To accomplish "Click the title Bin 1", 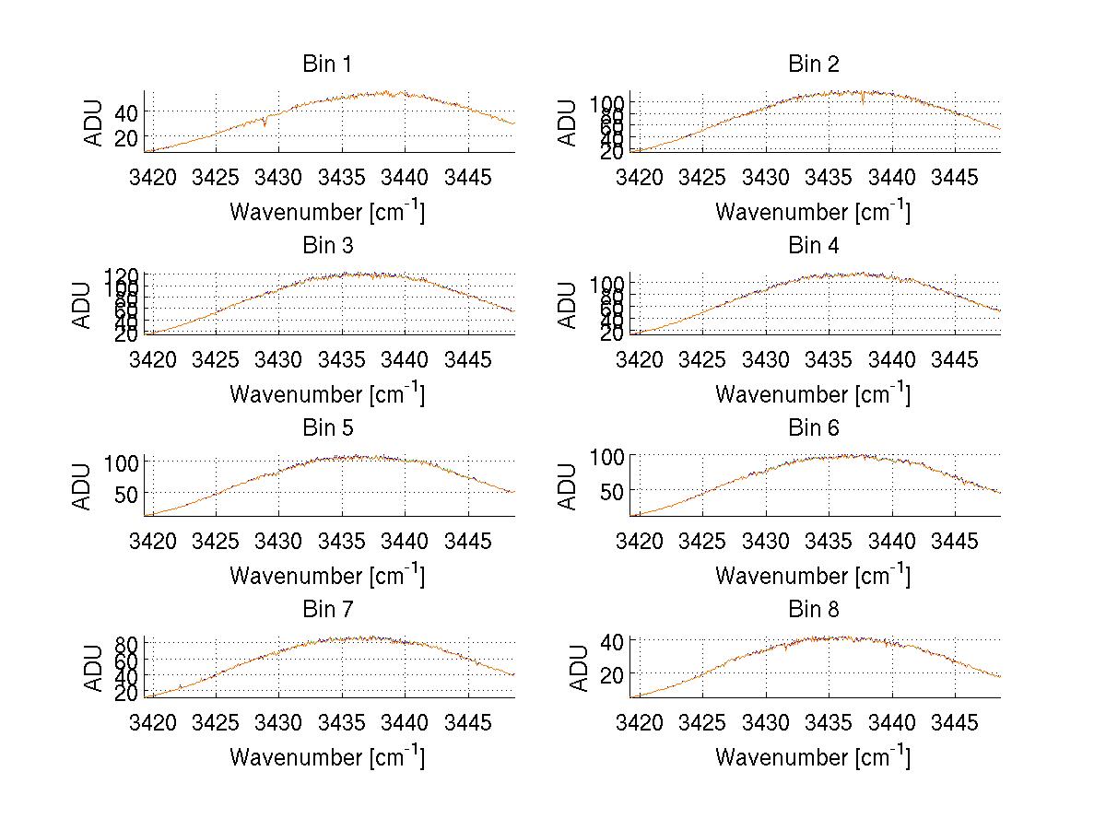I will click(x=327, y=64).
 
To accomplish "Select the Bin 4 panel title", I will click(x=814, y=246).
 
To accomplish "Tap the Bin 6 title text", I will click(x=814, y=427).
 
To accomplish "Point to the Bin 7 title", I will click(x=327, y=609).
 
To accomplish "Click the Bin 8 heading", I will click(x=814, y=609).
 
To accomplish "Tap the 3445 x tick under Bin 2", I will click(x=954, y=176).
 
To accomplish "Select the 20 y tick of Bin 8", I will click(x=612, y=674).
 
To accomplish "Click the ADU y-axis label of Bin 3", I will click(x=83, y=305).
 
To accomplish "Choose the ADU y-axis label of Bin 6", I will click(x=569, y=486).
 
